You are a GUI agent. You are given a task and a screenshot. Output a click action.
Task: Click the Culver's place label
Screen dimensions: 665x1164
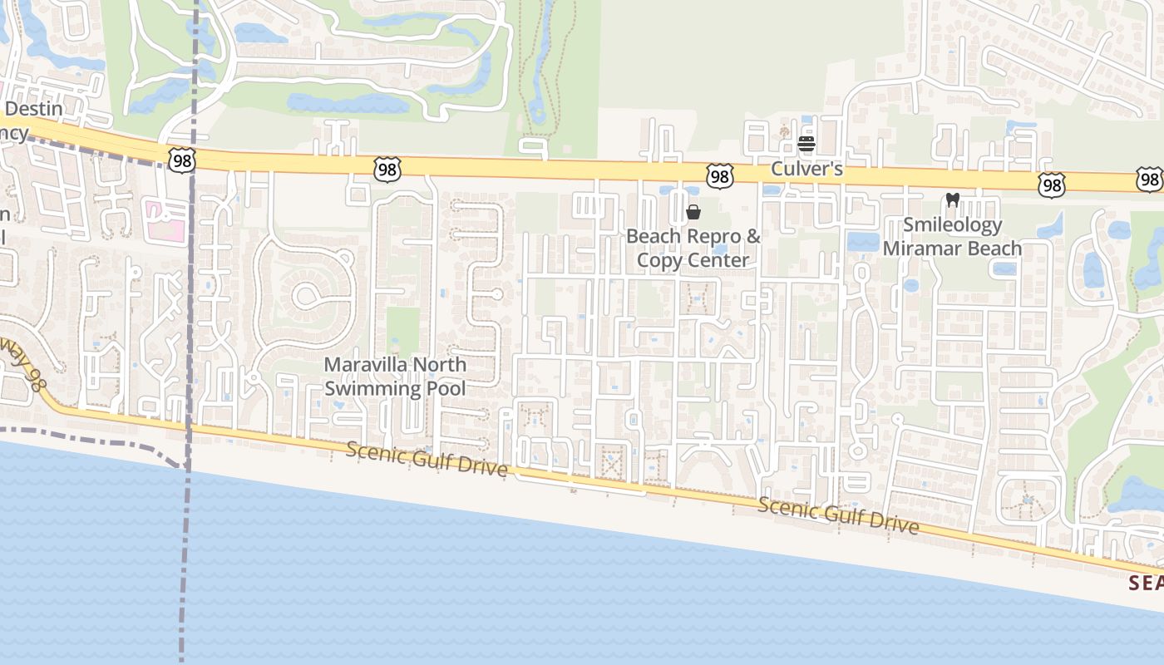[806, 169]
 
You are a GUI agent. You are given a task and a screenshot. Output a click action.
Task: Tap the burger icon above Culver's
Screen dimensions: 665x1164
[806, 144]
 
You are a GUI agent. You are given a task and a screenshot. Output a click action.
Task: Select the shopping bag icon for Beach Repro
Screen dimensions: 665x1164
[693, 212]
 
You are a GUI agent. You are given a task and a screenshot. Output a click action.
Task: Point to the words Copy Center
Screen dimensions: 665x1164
[693, 260]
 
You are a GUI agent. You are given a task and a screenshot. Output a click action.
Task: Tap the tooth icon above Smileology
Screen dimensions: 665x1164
[953, 200]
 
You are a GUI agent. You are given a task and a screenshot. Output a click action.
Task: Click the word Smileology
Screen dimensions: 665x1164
[953, 224]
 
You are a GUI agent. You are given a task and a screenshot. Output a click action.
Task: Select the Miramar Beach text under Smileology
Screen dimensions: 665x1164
[952, 249]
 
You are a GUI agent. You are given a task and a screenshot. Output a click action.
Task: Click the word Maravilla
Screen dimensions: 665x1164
[366, 365]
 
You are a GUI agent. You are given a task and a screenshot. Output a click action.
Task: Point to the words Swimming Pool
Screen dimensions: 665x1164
[395, 388]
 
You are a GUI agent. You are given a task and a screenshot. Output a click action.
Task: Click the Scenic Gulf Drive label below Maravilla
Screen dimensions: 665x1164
[427, 460]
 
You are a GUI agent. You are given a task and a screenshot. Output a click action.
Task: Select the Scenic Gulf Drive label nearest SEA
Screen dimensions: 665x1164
[838, 515]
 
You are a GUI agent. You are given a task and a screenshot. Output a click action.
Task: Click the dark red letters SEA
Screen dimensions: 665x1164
[1146, 583]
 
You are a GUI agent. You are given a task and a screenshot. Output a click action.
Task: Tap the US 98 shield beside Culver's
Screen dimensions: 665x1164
[720, 176]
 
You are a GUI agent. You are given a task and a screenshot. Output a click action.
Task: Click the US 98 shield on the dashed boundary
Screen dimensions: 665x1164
[180, 160]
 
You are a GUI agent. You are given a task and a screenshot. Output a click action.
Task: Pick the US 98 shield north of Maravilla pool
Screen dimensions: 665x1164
[387, 170]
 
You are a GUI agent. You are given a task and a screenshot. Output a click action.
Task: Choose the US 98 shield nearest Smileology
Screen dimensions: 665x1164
[1052, 185]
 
